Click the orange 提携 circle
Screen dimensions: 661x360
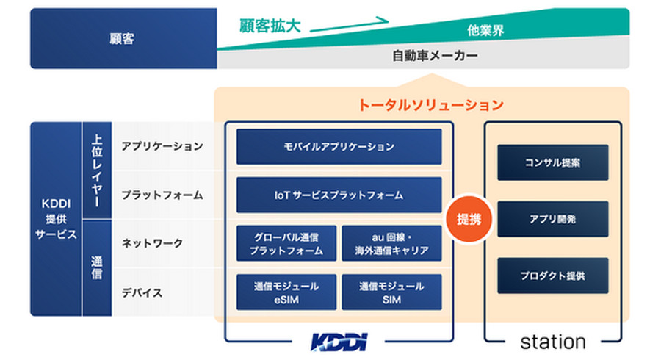(x=469, y=219)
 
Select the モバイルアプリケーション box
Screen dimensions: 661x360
(x=339, y=147)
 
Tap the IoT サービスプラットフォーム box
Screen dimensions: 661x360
(x=339, y=195)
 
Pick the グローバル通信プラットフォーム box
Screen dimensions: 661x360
(x=286, y=243)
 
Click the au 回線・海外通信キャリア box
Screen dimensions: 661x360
(x=391, y=243)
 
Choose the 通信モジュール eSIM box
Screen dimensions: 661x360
(x=286, y=292)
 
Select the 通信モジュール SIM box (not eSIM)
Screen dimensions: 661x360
(x=391, y=292)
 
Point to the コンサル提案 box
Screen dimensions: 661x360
(x=552, y=162)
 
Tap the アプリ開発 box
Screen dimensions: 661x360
(x=552, y=219)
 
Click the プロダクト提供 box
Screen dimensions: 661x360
(x=552, y=276)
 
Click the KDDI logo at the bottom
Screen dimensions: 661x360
(x=339, y=342)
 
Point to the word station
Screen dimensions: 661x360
(x=552, y=342)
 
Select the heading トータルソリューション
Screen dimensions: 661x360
(x=431, y=105)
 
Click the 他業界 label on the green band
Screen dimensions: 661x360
(x=485, y=30)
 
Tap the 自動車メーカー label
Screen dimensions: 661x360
(x=435, y=56)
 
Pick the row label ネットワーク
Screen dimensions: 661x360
(x=152, y=243)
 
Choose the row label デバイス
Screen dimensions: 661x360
(x=142, y=292)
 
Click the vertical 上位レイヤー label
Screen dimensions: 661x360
(x=97, y=170)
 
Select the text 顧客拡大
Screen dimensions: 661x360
(x=270, y=26)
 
